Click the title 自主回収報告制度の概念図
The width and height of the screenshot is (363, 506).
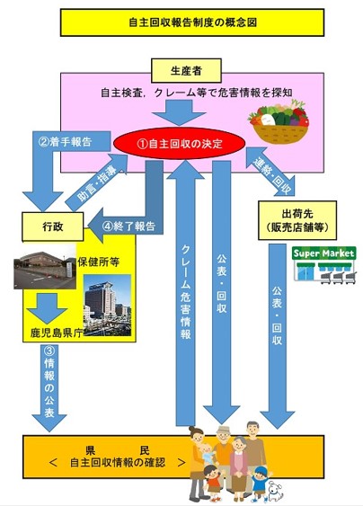click(x=190, y=22)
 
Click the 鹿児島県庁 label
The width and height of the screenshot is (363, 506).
click(x=53, y=332)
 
